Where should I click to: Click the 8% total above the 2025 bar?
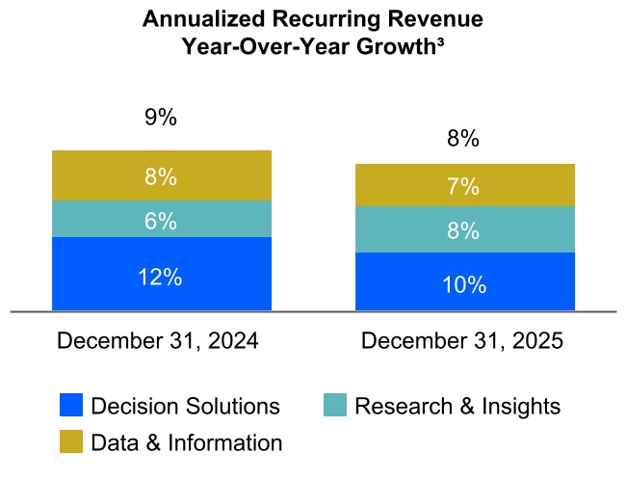(464, 139)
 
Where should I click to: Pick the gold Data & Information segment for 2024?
(161, 176)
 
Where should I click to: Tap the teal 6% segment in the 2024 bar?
(161, 220)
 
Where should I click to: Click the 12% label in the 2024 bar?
(161, 277)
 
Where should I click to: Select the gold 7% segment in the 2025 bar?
(464, 186)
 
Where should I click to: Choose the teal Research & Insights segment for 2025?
(464, 230)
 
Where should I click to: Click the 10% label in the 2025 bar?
(464, 284)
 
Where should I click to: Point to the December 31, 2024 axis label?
(158, 341)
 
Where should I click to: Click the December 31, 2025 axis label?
(461, 341)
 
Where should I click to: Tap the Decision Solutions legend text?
(185, 406)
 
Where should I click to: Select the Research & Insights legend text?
(457, 406)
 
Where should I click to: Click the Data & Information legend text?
(186, 442)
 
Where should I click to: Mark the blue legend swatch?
(71, 406)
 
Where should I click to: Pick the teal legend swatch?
(335, 406)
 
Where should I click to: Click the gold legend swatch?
(71, 441)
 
